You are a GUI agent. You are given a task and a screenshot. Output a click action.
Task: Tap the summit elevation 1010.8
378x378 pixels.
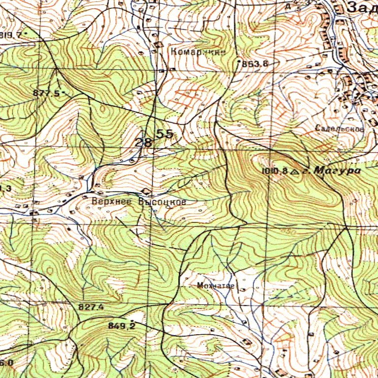275,171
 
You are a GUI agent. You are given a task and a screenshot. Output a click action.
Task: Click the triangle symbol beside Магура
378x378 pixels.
295,171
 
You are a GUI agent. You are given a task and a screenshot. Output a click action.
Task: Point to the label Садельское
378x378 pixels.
340,128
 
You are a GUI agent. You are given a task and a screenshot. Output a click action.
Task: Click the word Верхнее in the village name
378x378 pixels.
113,201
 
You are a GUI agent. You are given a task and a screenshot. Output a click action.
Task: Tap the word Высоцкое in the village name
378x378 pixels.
162,202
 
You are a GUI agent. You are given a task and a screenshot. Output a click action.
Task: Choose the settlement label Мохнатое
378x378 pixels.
216,285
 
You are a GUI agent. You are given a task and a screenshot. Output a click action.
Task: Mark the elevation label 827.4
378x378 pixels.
91,307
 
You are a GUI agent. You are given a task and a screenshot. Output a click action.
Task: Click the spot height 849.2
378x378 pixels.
121,326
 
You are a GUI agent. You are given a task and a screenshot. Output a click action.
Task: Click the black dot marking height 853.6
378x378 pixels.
239,63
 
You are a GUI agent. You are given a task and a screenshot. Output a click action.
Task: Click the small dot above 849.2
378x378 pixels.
131,320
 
